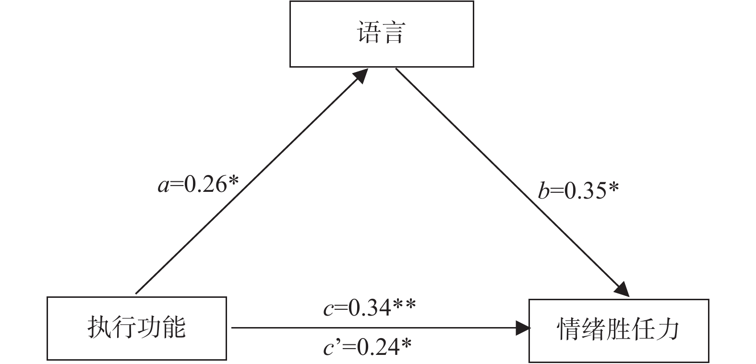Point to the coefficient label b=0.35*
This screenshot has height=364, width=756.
[578, 191]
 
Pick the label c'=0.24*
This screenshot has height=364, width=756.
[367, 347]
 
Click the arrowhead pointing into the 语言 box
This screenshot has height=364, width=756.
[360, 75]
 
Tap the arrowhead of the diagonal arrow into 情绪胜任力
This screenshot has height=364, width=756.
[622, 288]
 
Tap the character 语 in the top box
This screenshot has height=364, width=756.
[369, 34]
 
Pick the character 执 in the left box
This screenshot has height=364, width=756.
[99, 328]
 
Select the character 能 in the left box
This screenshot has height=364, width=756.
[174, 328]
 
